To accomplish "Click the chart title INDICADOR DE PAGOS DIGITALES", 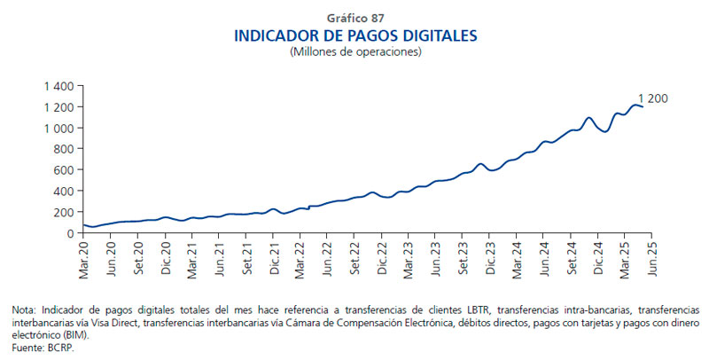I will [x=354, y=35].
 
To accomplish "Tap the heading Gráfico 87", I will [x=354, y=18].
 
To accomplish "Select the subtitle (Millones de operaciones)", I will [x=354, y=52].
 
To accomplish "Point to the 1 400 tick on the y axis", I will [x=56, y=86].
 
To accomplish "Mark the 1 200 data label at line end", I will [x=653, y=98].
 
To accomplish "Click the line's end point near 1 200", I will [x=643, y=107].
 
